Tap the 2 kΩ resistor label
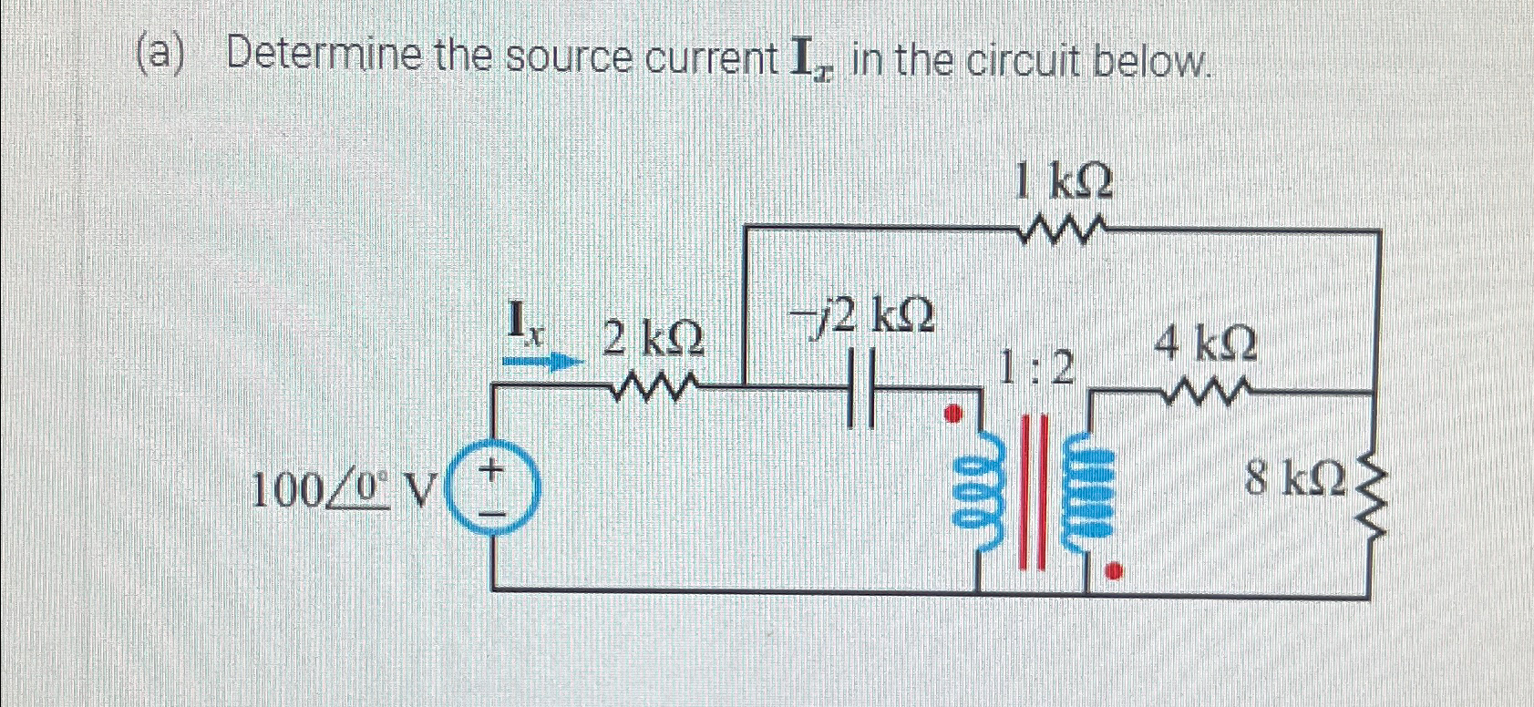tap(653, 340)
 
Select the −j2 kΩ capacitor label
tap(861, 316)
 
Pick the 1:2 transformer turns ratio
tap(1036, 367)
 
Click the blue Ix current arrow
tap(543, 361)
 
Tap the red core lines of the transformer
tap(1033, 492)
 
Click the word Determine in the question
tap(324, 56)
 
